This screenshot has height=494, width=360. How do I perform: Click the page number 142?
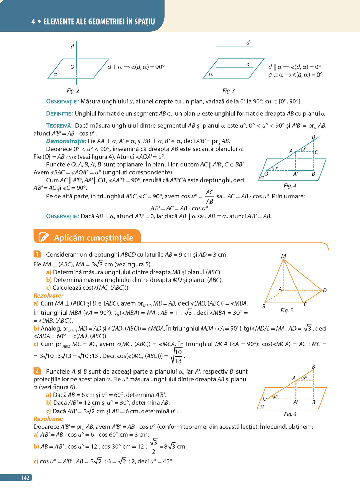25,478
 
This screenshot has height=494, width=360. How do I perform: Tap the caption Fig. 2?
73,91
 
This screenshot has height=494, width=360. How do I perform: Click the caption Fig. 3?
229,91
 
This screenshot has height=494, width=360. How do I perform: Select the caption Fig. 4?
290,186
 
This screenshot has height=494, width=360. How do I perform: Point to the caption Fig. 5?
287,310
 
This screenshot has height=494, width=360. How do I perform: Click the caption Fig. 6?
290,414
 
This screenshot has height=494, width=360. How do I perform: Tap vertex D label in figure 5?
324,290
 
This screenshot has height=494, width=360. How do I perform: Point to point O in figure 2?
76,67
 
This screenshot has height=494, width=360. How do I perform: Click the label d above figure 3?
248,43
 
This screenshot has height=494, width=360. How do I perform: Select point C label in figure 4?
316,152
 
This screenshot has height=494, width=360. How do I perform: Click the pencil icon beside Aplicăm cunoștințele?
44,237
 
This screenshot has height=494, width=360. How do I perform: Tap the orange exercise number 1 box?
37,254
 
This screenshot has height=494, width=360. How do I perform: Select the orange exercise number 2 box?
37,371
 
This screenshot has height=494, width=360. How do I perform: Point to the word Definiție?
59,114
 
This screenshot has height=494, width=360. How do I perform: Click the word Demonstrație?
66,141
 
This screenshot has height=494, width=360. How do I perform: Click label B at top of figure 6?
313,367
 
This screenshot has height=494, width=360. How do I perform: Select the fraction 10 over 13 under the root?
178,356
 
